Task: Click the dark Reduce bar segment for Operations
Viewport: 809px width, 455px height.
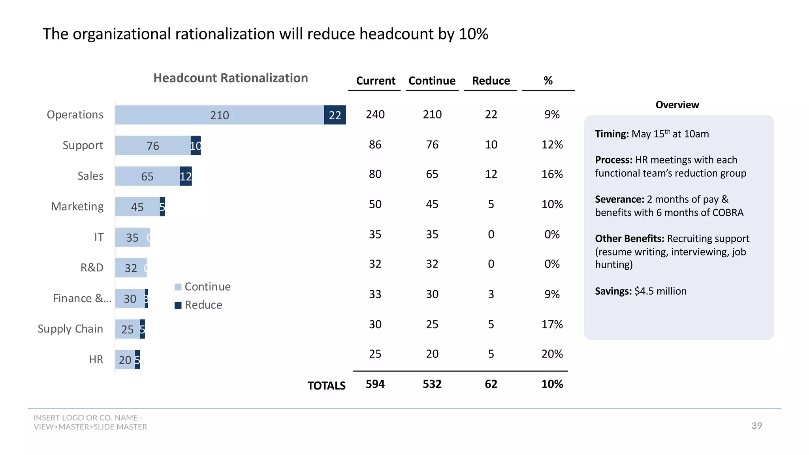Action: click(x=335, y=115)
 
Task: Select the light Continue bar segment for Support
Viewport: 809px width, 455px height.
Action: click(x=152, y=145)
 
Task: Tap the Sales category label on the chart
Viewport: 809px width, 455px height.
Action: click(x=90, y=176)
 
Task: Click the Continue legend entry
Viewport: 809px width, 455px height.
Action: click(x=203, y=287)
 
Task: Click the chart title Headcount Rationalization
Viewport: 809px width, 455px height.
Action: click(x=231, y=78)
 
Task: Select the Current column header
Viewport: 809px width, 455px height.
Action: click(x=375, y=81)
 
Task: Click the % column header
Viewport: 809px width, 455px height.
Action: click(x=548, y=81)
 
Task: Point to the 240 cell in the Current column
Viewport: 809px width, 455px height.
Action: click(x=375, y=115)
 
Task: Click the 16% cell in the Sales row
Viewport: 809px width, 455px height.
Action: click(x=552, y=174)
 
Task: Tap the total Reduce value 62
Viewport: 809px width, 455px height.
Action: click(x=491, y=384)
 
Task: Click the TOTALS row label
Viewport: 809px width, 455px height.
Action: click(x=326, y=385)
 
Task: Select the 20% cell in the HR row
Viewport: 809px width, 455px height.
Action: click(x=552, y=354)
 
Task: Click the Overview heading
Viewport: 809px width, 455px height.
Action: click(x=677, y=105)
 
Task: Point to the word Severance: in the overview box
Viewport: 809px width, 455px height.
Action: click(x=619, y=199)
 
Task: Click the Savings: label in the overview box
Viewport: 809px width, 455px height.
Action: click(x=613, y=291)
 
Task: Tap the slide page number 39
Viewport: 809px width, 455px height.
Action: click(x=756, y=426)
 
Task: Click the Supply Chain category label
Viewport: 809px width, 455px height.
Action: click(x=70, y=329)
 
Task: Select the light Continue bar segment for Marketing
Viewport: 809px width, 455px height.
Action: click(x=137, y=207)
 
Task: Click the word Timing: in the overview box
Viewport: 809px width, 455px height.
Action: click(x=611, y=134)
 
